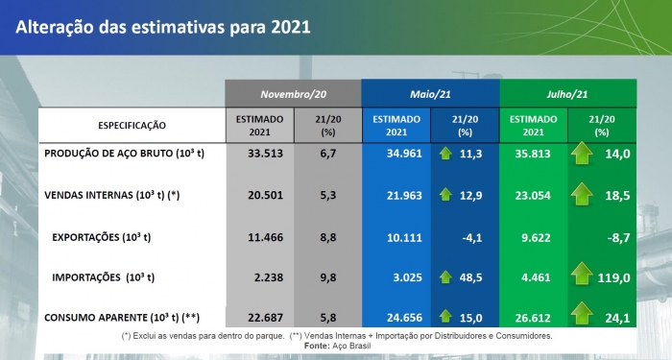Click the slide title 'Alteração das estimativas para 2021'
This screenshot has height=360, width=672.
pos(163,27)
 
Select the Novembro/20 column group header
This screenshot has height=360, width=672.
pos(293,94)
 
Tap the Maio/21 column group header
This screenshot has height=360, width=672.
pos(430,94)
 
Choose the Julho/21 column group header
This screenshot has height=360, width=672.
pos(567,94)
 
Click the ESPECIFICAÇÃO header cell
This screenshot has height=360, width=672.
pos(132,125)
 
